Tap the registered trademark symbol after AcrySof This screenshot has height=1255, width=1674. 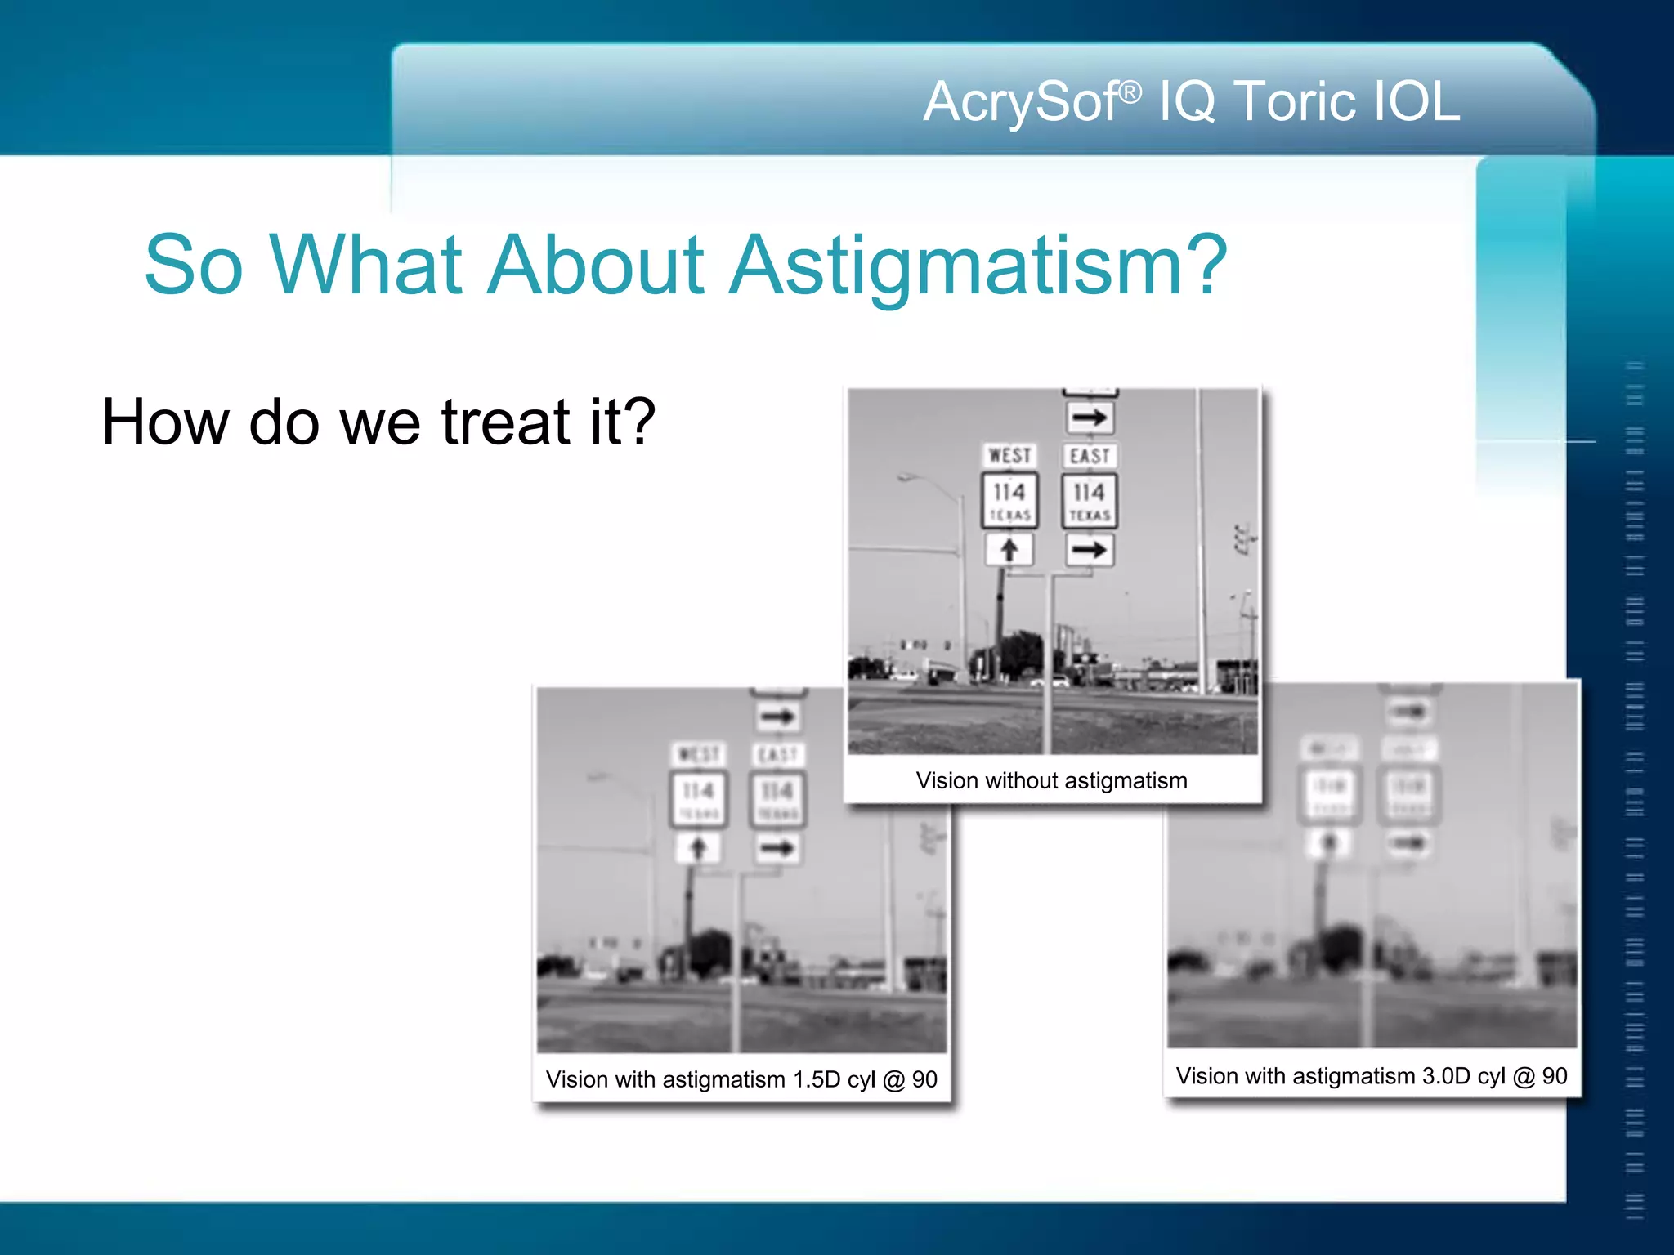pyautogui.click(x=1130, y=92)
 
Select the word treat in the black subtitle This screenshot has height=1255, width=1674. pyautogui.click(x=504, y=422)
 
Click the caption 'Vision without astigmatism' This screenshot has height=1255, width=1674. pyautogui.click(x=1051, y=780)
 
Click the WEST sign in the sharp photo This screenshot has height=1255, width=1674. pyautogui.click(x=1009, y=455)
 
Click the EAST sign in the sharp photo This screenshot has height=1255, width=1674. pyautogui.click(x=1090, y=455)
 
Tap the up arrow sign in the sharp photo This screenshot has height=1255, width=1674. pyautogui.click(x=1009, y=550)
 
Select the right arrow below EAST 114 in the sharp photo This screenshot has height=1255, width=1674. pyautogui.click(x=1090, y=550)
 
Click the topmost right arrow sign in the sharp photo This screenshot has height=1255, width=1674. pyautogui.click(x=1090, y=418)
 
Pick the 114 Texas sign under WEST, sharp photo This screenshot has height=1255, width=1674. pyautogui.click(x=1009, y=500)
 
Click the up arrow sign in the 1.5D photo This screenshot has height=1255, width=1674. pyautogui.click(x=697, y=848)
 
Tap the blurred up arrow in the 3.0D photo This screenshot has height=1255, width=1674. pyautogui.click(x=1329, y=842)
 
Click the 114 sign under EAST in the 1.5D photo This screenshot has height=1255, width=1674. pyautogui.click(x=777, y=798)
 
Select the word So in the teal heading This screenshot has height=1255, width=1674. pyautogui.click(x=194, y=266)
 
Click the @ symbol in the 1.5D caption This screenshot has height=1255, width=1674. pyautogui.click(x=893, y=1079)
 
